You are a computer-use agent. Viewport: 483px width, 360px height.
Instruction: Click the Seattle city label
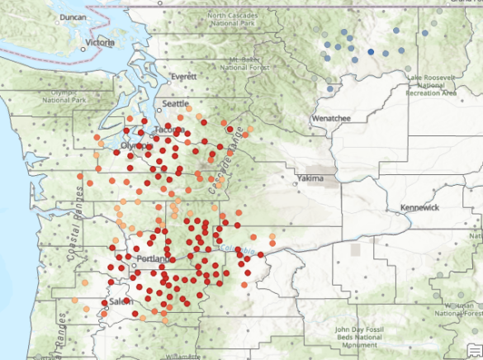(x=176, y=104)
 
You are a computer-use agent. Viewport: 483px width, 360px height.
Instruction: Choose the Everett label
(x=184, y=77)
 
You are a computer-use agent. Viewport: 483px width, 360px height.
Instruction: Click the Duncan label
(x=73, y=17)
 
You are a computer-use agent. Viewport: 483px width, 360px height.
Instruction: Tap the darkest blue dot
(x=371, y=52)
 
